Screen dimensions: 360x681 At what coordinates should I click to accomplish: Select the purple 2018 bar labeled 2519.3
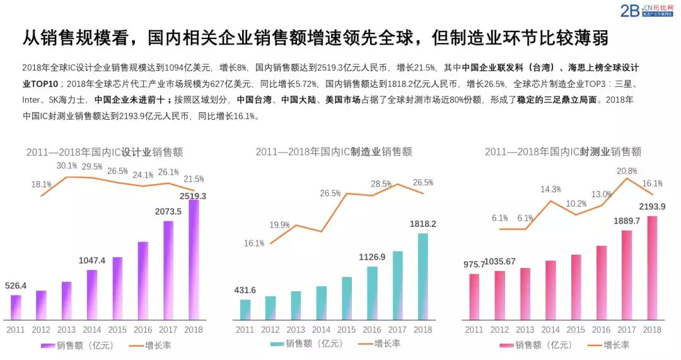coord(194,259)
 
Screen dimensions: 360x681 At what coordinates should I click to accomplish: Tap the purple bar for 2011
coord(16,306)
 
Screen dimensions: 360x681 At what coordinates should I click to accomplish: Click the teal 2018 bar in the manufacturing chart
coord(422,276)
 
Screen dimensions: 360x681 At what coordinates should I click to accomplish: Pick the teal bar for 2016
coord(372,293)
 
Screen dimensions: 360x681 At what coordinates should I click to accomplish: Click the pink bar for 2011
coord(474,296)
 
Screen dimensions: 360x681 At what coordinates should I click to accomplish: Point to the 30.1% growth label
coord(66,166)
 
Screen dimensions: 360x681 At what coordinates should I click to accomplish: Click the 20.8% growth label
coord(626,171)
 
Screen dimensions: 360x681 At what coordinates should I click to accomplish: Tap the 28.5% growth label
coord(381,183)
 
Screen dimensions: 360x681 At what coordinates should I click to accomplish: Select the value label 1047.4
coord(92,260)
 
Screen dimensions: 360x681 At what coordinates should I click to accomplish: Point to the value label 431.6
coord(245,290)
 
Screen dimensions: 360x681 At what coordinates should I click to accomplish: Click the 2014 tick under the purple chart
coord(92,329)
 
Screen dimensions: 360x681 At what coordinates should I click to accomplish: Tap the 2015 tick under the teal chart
coord(346,329)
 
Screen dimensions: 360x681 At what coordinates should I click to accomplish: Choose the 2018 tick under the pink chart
coord(652,329)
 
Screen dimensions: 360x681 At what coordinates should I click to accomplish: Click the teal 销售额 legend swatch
coord(277,344)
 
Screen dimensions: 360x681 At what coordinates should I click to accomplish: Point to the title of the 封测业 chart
coord(563,152)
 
